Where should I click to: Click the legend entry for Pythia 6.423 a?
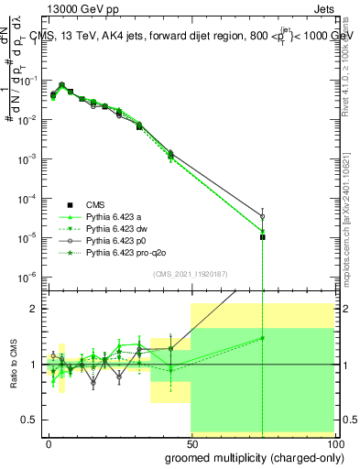point(116,216)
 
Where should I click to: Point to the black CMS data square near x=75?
point(263,237)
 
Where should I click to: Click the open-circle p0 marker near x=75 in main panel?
point(263,216)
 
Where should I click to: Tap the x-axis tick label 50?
point(191,442)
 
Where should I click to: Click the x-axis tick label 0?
point(49,442)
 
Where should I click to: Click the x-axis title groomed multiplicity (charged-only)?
point(249,456)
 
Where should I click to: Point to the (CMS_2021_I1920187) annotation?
point(191,273)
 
